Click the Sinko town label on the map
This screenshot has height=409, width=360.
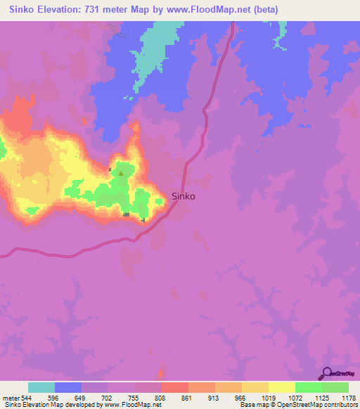pos(184,197)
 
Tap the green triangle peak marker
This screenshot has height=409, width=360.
pos(121,174)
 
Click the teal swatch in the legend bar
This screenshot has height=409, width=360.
pos(41,387)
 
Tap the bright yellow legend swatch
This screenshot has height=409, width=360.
pos(282,387)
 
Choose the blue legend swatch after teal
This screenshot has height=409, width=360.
pos(68,387)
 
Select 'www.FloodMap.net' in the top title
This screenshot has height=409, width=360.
pos(218,9)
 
